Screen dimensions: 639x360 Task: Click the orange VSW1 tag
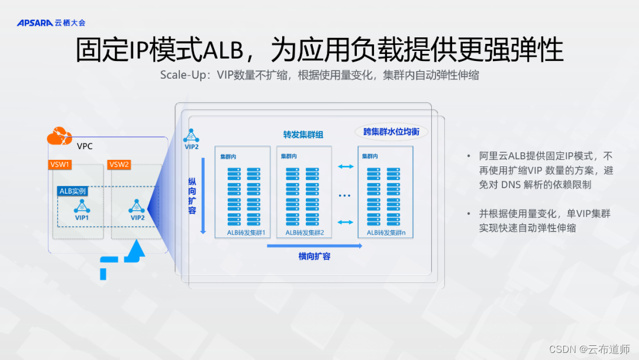[x=60, y=164]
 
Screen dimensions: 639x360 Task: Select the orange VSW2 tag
[x=119, y=164]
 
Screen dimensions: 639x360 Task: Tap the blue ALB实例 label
[x=73, y=191]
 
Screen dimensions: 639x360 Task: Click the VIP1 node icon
[x=82, y=206]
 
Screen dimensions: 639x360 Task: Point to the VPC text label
[x=85, y=146]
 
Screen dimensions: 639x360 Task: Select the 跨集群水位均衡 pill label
[x=391, y=131]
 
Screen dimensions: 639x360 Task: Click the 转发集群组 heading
[x=304, y=134]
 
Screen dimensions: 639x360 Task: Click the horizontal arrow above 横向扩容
[x=314, y=246]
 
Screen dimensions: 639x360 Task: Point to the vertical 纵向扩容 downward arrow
[x=203, y=195]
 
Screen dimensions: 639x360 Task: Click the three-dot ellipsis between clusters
[x=345, y=195]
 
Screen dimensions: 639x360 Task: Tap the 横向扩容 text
[x=314, y=256]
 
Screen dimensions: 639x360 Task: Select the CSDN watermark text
[x=589, y=349]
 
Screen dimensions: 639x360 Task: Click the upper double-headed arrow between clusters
[x=345, y=167]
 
